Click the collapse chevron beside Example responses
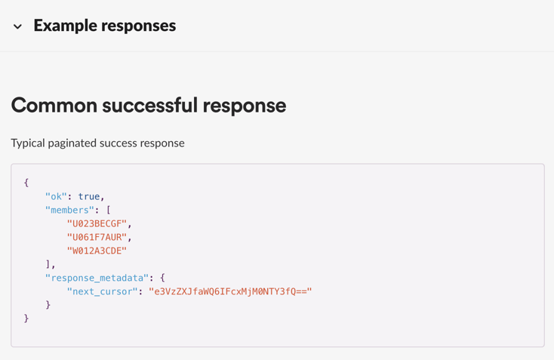pyautogui.click(x=17, y=26)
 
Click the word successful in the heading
pyautogui.click(x=149, y=105)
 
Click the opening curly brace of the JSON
pyautogui.click(x=26, y=183)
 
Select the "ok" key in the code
pyautogui.click(x=56, y=196)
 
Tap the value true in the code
pyautogui.click(x=88, y=196)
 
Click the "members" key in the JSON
pyautogui.click(x=69, y=210)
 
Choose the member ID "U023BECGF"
pyautogui.click(x=97, y=223)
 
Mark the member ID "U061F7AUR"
pyautogui.click(x=97, y=237)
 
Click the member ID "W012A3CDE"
pyautogui.click(x=97, y=251)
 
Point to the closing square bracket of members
pyautogui.click(x=48, y=264)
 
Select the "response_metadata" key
pyautogui.click(x=97, y=278)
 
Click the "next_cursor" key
pyautogui.click(x=102, y=291)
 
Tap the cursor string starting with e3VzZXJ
pyautogui.click(x=230, y=291)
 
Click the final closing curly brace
pyautogui.click(x=26, y=318)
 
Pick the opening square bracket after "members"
pyautogui.click(x=109, y=210)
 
